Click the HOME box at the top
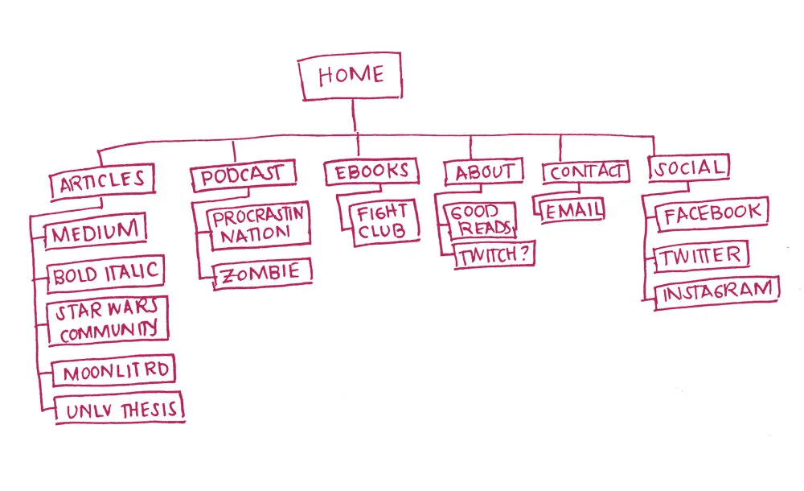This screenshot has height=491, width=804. click(x=351, y=78)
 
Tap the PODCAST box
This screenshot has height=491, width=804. click(x=242, y=175)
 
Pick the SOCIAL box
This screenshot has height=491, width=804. click(x=689, y=168)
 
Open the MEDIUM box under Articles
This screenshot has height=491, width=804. click(x=96, y=233)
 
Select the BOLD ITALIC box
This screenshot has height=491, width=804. click(x=105, y=274)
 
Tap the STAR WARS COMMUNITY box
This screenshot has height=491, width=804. click(x=108, y=320)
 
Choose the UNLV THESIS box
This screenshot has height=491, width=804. click(x=118, y=409)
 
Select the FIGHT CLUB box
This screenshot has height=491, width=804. click(x=383, y=221)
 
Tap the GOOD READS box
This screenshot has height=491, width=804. click(x=479, y=220)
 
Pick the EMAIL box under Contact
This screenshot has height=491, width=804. click(x=572, y=211)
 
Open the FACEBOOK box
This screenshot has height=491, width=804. click(x=712, y=213)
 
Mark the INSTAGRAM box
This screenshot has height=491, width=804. click(x=717, y=292)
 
